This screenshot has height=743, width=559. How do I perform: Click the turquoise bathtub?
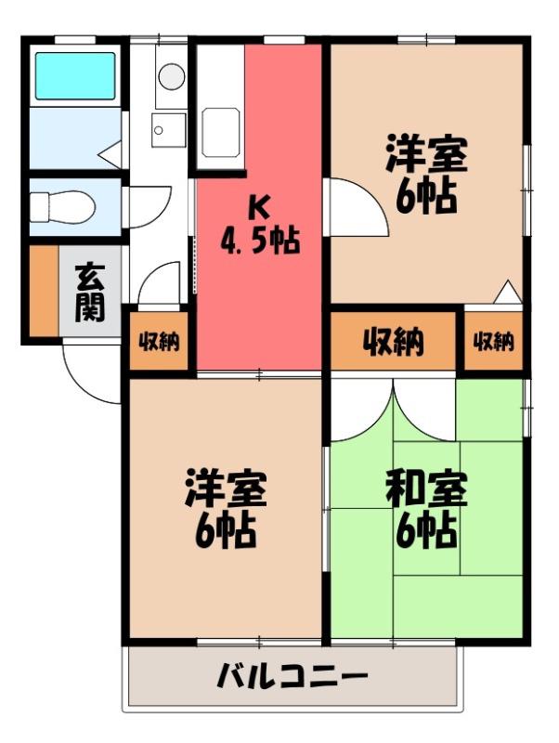tap(75, 76)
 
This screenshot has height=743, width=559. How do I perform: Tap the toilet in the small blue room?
tap(61, 206)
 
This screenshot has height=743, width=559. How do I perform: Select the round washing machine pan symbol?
tap(172, 76)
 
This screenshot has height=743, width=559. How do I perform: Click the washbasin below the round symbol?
tap(169, 130)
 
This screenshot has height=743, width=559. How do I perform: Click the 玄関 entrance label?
tap(90, 293)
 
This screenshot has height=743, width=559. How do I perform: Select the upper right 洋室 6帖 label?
tap(426, 174)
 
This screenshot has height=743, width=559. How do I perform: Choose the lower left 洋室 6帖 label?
tap(226, 509)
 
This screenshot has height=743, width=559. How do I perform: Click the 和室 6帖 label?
tap(426, 509)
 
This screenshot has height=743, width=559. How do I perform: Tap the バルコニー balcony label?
tap(292, 676)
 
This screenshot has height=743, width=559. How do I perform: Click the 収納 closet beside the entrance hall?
tap(159, 340)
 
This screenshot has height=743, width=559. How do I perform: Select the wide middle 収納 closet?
tap(393, 341)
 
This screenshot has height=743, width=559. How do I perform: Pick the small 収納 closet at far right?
tap(494, 340)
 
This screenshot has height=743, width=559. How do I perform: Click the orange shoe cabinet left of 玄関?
tap(44, 290)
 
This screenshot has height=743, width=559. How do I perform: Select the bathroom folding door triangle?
tap(110, 153)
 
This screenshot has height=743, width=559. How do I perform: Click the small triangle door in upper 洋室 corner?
tap(508, 291)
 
